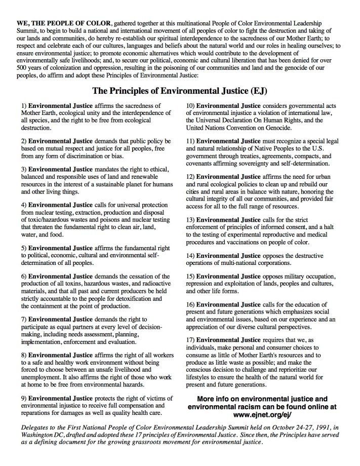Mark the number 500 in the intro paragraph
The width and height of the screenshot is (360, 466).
point(23,68)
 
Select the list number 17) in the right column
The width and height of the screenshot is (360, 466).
point(190,339)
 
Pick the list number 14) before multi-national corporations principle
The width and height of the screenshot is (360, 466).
point(190,255)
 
